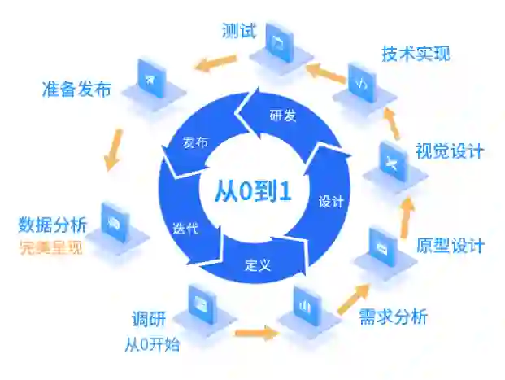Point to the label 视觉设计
(450, 151)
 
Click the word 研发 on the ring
(282, 116)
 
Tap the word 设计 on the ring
(331, 200)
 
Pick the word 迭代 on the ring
(185, 229)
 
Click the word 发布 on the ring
(195, 143)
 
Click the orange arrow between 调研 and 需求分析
(253, 332)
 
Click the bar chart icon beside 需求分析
(306, 306)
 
